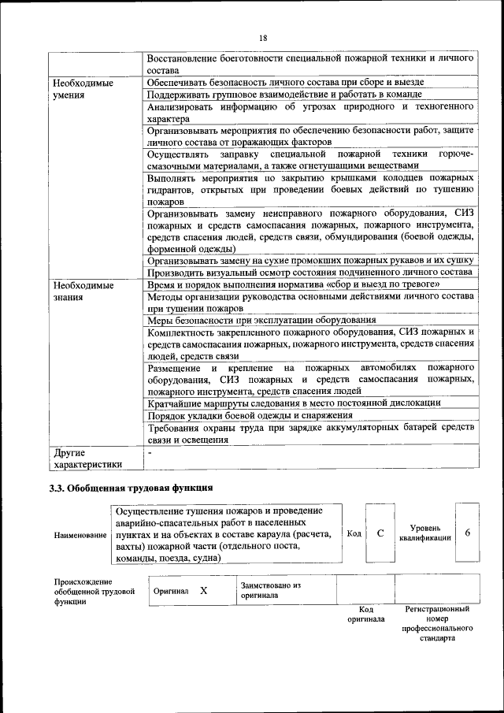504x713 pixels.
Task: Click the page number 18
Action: pyautogui.click(x=263, y=38)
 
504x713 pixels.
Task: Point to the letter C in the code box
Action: pyautogui.click(x=380, y=533)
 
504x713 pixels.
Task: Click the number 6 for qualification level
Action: pyautogui.click(x=467, y=533)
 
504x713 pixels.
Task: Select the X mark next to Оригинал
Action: pyautogui.click(x=203, y=590)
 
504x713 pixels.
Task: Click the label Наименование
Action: pyautogui.click(x=81, y=535)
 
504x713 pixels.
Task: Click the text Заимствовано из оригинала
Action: pyautogui.click(x=272, y=590)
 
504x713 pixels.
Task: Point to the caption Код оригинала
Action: pyautogui.click(x=365, y=615)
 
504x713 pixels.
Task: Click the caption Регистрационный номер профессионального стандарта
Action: pyautogui.click(x=437, y=624)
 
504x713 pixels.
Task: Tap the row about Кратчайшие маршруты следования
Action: pyautogui.click(x=294, y=403)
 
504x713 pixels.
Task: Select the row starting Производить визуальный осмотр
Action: pyautogui.click(x=309, y=272)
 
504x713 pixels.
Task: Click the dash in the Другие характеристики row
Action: pyautogui.click(x=150, y=453)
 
